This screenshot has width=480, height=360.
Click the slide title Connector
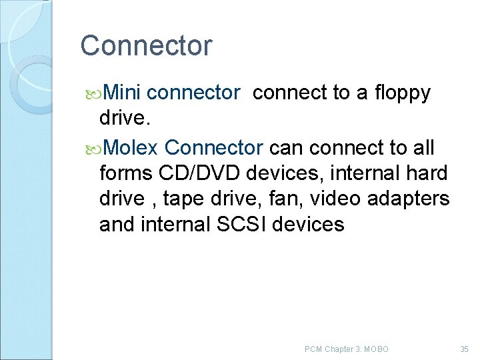(146, 46)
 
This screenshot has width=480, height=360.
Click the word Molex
(131, 146)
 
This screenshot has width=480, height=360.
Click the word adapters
(415, 199)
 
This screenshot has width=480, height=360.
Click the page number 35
(465, 349)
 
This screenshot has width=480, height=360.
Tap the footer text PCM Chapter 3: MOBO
(346, 349)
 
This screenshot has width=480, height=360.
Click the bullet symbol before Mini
(93, 93)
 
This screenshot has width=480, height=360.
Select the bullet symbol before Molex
(93, 147)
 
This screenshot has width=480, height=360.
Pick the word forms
(126, 172)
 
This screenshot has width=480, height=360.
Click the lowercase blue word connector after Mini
(193, 93)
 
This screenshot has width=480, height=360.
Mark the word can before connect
(288, 146)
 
